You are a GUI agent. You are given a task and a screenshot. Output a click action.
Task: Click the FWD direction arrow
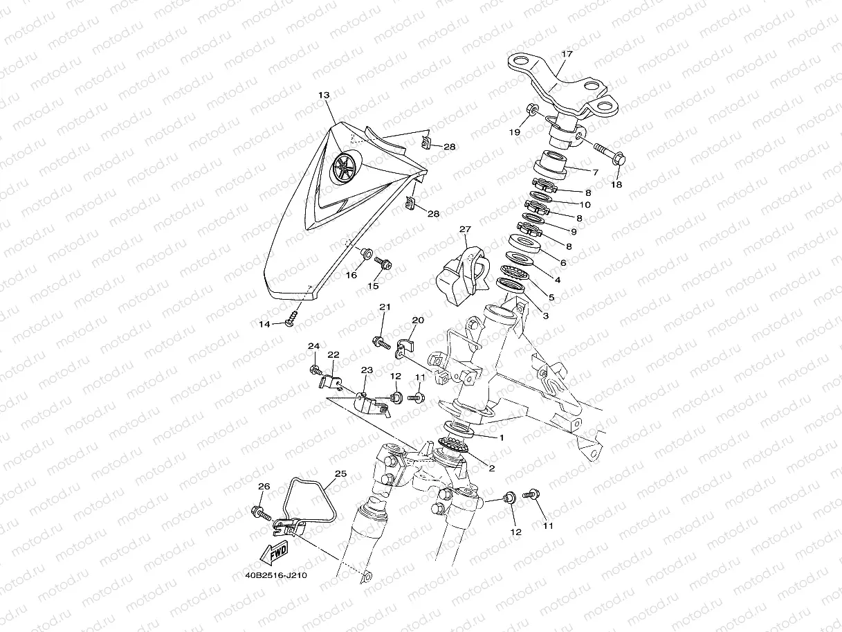click(x=273, y=552)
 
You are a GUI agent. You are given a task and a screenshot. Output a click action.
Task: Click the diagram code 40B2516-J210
click(x=276, y=575)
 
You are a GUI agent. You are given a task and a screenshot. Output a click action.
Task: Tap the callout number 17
click(x=567, y=54)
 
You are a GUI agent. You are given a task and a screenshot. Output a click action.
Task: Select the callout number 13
click(x=324, y=95)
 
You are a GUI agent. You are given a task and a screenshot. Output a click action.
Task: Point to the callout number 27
click(x=465, y=229)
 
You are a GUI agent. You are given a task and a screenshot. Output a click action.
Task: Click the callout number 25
click(x=340, y=474)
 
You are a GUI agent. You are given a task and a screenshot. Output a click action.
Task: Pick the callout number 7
click(x=595, y=172)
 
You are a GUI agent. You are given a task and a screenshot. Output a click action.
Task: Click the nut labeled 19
click(x=533, y=109)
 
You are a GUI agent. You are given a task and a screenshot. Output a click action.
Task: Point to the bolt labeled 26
click(x=262, y=512)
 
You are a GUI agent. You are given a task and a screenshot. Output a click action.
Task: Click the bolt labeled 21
click(x=382, y=343)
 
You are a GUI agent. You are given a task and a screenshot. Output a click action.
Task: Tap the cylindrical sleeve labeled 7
click(x=551, y=165)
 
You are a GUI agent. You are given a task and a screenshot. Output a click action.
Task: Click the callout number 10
click(x=585, y=205)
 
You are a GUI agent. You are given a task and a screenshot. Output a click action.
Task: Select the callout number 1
click(x=502, y=437)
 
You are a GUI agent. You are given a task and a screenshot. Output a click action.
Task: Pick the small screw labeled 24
click(x=315, y=370)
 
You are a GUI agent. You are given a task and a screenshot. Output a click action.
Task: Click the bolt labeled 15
click(x=383, y=263)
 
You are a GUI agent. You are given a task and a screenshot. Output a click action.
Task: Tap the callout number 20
click(x=418, y=320)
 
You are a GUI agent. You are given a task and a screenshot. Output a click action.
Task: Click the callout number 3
click(x=545, y=316)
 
